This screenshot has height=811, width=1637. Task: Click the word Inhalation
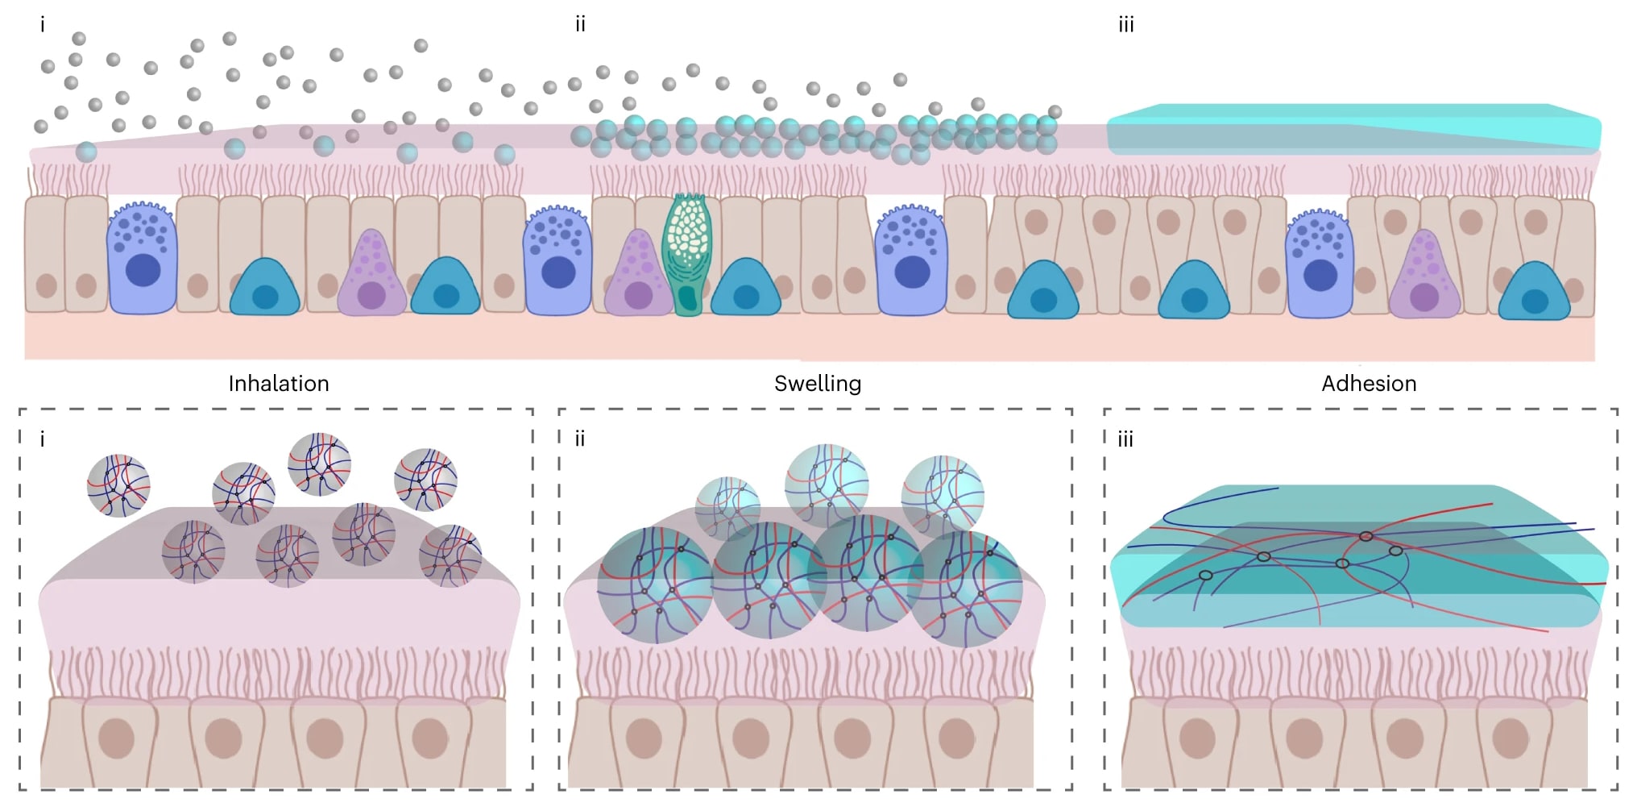point(279,384)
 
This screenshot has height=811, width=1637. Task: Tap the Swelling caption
point(818,384)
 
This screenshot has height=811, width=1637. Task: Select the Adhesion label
point(1369,384)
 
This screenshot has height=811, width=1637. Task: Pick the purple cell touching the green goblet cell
point(638,274)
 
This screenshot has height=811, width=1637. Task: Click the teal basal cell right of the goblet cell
point(746,287)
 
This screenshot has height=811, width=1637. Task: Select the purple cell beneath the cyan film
point(1424,275)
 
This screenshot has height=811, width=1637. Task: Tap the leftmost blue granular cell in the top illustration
point(142,257)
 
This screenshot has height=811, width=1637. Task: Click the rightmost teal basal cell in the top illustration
point(1534,291)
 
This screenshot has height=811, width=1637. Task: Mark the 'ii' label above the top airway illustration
point(580,24)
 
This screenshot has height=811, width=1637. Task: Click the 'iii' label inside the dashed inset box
point(1125,439)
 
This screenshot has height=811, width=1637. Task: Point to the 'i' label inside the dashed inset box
point(43,439)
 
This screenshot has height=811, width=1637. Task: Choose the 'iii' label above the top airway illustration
point(1126,24)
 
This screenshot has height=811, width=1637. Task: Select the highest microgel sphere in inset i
point(319,464)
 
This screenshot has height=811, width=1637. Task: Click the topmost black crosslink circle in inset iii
point(1366,536)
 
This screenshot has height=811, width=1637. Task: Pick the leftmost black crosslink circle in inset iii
point(1205,575)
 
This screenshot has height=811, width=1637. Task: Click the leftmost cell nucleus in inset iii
point(1197,738)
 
